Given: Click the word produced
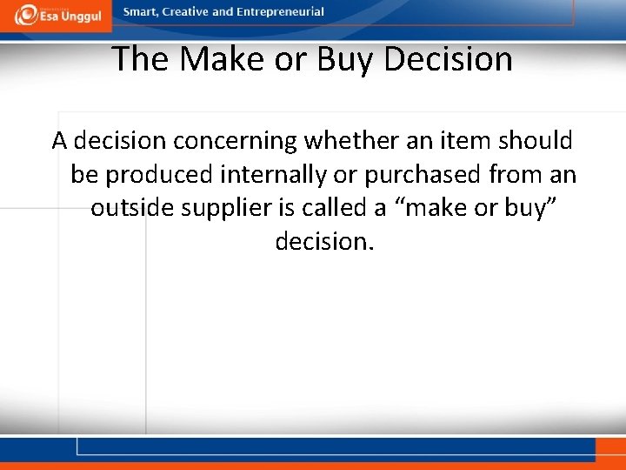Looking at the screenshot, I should pos(161,175).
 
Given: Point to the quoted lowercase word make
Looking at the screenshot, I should pos(423,209).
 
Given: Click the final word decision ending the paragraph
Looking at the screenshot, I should pos(323,242).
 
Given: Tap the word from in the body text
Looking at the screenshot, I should pos(514,175).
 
